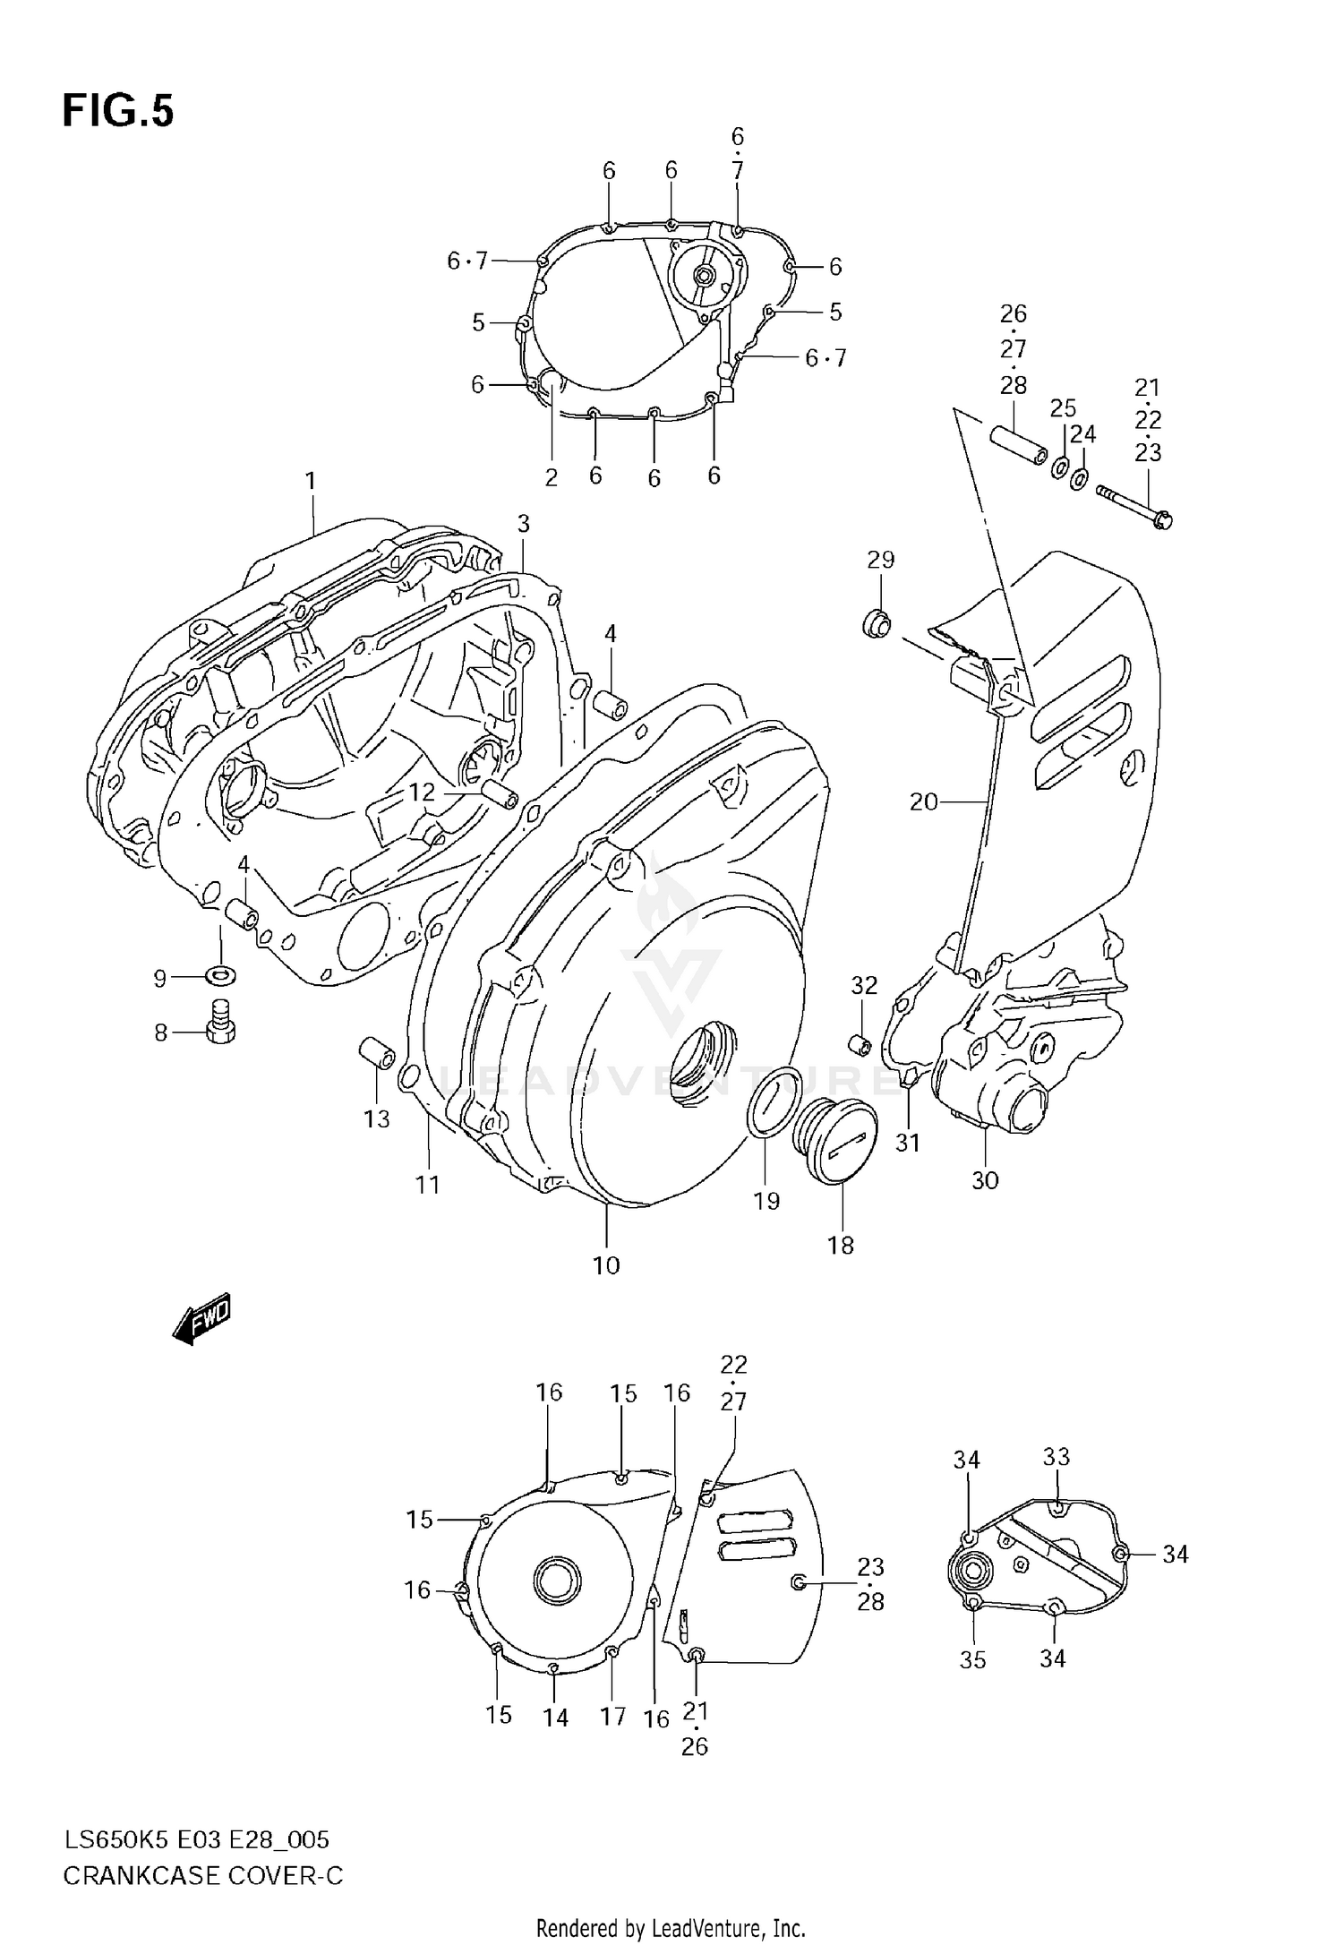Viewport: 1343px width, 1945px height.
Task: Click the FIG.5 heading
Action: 118,112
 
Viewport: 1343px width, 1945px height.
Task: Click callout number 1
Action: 311,482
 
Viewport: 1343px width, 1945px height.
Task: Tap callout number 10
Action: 606,1265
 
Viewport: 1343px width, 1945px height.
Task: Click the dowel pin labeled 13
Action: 377,1052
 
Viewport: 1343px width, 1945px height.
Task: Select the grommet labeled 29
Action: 876,624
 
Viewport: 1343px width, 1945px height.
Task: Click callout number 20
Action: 923,801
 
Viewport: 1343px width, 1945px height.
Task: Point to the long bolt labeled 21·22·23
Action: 1133,505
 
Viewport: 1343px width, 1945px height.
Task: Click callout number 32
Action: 864,985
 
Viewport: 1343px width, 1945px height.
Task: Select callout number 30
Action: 985,1180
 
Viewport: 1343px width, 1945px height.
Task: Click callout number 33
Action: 1056,1457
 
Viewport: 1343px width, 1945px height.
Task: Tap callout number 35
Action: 972,1659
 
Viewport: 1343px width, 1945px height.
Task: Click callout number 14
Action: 555,1718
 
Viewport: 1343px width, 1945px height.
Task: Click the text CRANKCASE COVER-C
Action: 203,1876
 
